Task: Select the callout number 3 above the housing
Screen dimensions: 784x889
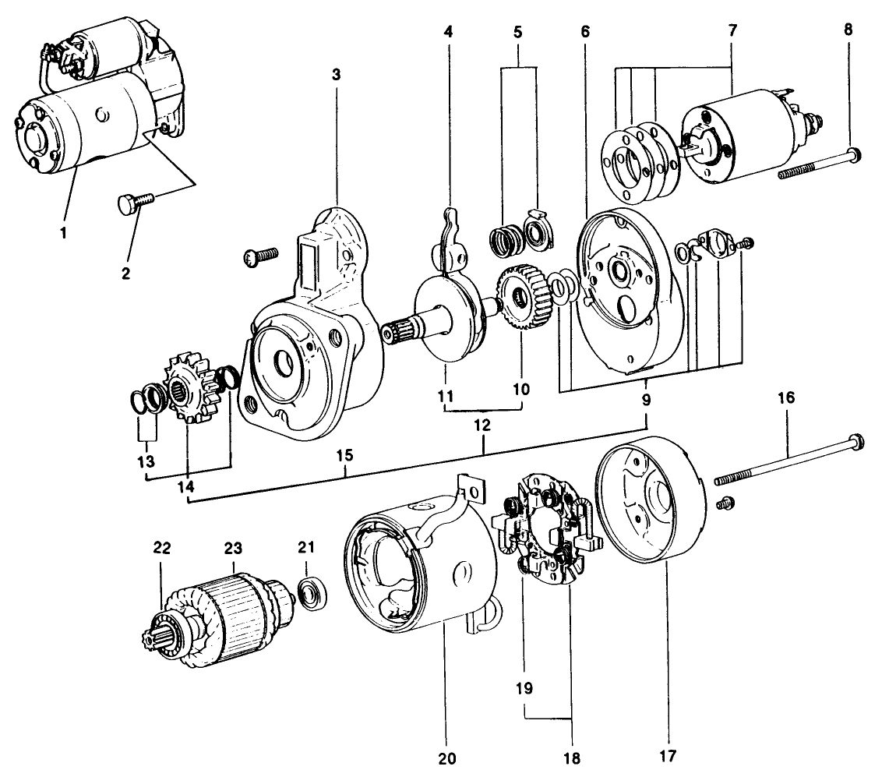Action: [336, 74]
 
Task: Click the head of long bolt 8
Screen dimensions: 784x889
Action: [854, 154]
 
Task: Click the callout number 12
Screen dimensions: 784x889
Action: [483, 426]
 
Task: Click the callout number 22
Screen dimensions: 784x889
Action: [162, 549]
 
